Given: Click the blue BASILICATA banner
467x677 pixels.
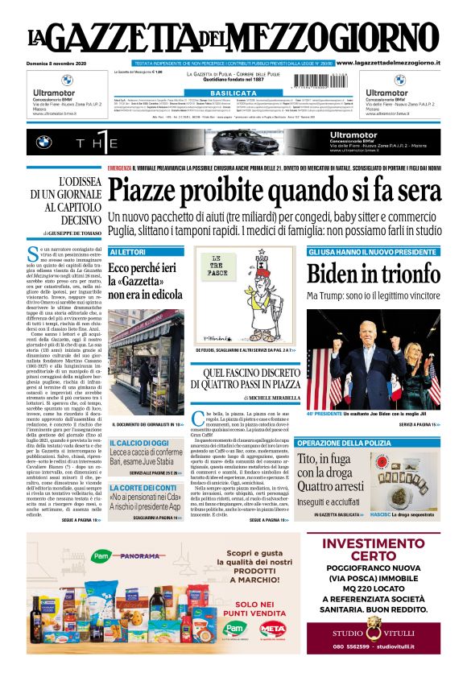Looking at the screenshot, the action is click(233, 93).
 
